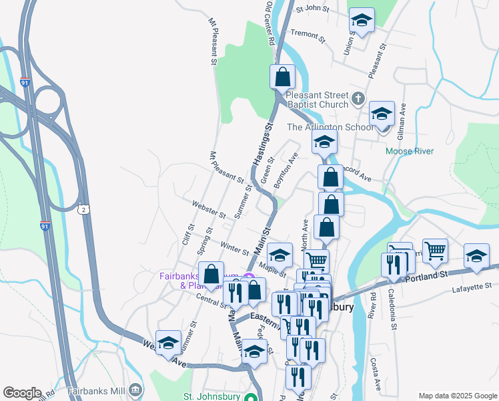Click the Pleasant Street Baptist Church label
(317, 100)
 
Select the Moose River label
(410, 151)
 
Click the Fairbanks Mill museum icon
(135, 389)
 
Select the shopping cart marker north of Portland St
(435, 251)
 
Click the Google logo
(22, 393)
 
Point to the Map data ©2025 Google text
(457, 396)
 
